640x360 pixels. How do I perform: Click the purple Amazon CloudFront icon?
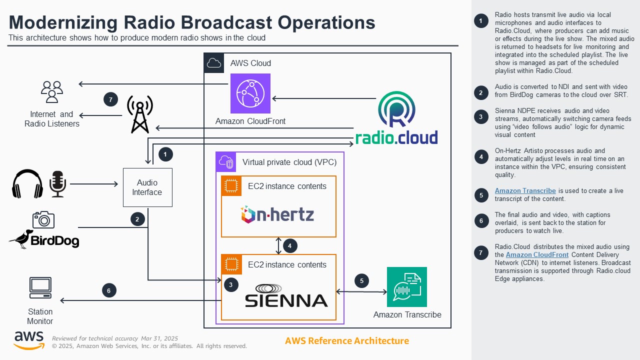pyautogui.click(x=250, y=93)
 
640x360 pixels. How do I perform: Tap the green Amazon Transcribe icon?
pyautogui.click(x=406, y=287)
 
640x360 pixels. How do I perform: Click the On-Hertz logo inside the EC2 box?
pyautogui.click(x=277, y=214)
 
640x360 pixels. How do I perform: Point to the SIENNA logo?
pyautogui.click(x=286, y=295)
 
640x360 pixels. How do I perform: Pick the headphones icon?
pyautogui.click(x=27, y=184)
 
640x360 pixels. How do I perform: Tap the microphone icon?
pyautogui.click(x=58, y=184)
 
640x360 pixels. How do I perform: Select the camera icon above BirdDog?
pyautogui.click(x=43, y=219)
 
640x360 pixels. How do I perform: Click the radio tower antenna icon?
pyautogui.click(x=139, y=114)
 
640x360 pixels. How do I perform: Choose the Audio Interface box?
pyautogui.click(x=147, y=187)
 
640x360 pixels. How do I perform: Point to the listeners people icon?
pyautogui.click(x=51, y=91)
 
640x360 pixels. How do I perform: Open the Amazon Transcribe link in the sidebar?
pyautogui.click(x=525, y=190)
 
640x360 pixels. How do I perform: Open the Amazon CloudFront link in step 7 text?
pyautogui.click(x=537, y=254)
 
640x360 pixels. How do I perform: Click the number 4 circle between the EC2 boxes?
pyautogui.click(x=290, y=245)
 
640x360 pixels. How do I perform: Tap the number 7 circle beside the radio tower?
pyautogui.click(x=110, y=99)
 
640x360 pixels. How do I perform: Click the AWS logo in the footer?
pyautogui.click(x=29, y=340)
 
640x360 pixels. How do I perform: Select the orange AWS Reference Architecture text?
pyautogui.click(x=346, y=341)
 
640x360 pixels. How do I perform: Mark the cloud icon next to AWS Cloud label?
pyautogui.click(x=214, y=63)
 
